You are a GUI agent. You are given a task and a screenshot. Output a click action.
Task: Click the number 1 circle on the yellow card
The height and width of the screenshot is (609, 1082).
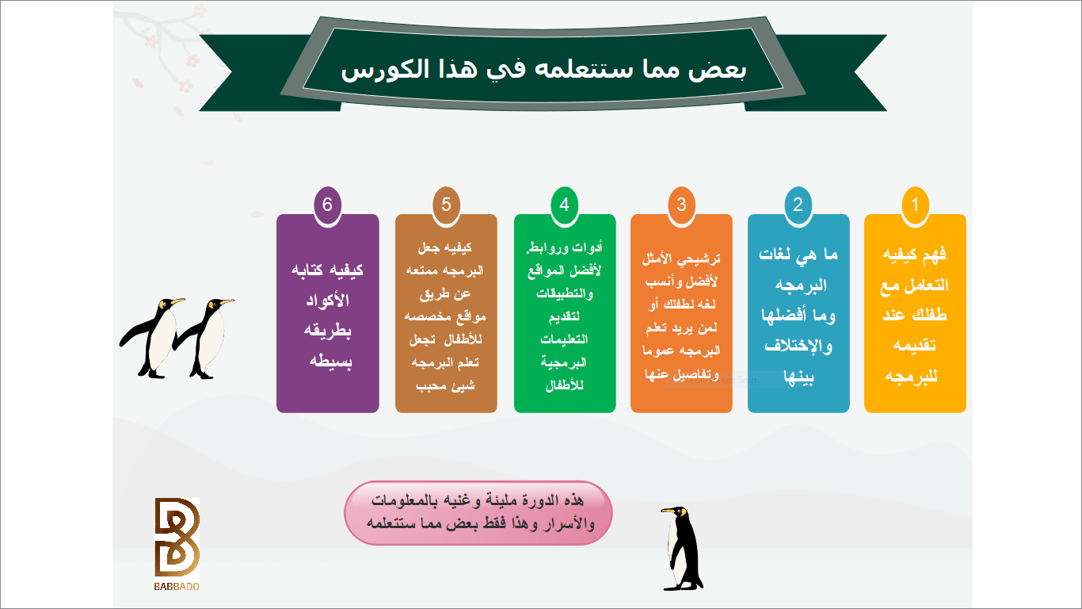(915, 205)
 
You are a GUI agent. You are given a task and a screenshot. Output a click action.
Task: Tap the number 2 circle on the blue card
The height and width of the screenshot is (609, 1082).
(798, 205)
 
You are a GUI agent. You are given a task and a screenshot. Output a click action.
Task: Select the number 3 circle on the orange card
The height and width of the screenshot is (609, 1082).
(681, 205)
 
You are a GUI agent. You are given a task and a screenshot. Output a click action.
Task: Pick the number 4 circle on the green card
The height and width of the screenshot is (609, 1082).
(564, 205)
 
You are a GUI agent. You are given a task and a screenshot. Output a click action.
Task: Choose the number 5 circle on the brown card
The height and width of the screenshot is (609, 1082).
(446, 205)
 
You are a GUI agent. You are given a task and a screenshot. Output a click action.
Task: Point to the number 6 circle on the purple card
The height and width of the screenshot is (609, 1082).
(327, 205)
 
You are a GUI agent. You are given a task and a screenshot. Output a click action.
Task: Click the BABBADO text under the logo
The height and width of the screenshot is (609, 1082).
(177, 587)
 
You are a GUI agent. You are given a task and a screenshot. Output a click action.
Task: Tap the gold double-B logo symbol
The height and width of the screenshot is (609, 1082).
(177, 537)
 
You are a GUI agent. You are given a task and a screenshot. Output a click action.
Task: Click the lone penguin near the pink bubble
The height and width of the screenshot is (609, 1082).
(681, 549)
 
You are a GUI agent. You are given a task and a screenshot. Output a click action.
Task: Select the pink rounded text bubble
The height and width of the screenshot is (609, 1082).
(478, 513)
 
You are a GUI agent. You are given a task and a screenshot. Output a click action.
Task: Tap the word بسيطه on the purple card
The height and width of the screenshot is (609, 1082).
(331, 362)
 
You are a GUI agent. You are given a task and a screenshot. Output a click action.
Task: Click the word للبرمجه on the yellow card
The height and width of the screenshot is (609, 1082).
(912, 376)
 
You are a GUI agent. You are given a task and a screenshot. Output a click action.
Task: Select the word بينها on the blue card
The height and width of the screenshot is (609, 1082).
(798, 377)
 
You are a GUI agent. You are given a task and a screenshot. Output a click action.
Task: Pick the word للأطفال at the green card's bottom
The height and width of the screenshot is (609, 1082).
(565, 385)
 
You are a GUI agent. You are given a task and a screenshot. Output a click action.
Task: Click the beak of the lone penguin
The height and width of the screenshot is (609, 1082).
(668, 511)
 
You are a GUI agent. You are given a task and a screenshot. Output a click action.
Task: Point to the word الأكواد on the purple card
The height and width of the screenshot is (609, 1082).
(327, 301)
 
